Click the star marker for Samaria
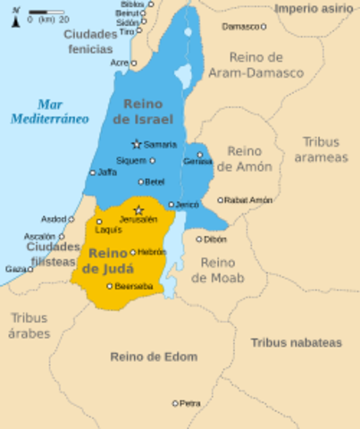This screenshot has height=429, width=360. (137, 144)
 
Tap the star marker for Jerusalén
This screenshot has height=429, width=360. (138, 210)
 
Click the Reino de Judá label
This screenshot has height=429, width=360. (107, 260)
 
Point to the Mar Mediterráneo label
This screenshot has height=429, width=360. (50, 111)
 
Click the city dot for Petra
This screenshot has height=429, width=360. (175, 403)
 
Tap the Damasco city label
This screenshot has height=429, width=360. (241, 27)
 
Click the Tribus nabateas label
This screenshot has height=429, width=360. (296, 342)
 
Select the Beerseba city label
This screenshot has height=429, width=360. (134, 286)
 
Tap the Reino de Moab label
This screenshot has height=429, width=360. (217, 270)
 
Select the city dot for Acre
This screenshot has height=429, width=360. (134, 63)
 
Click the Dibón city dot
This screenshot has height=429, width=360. (199, 239)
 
